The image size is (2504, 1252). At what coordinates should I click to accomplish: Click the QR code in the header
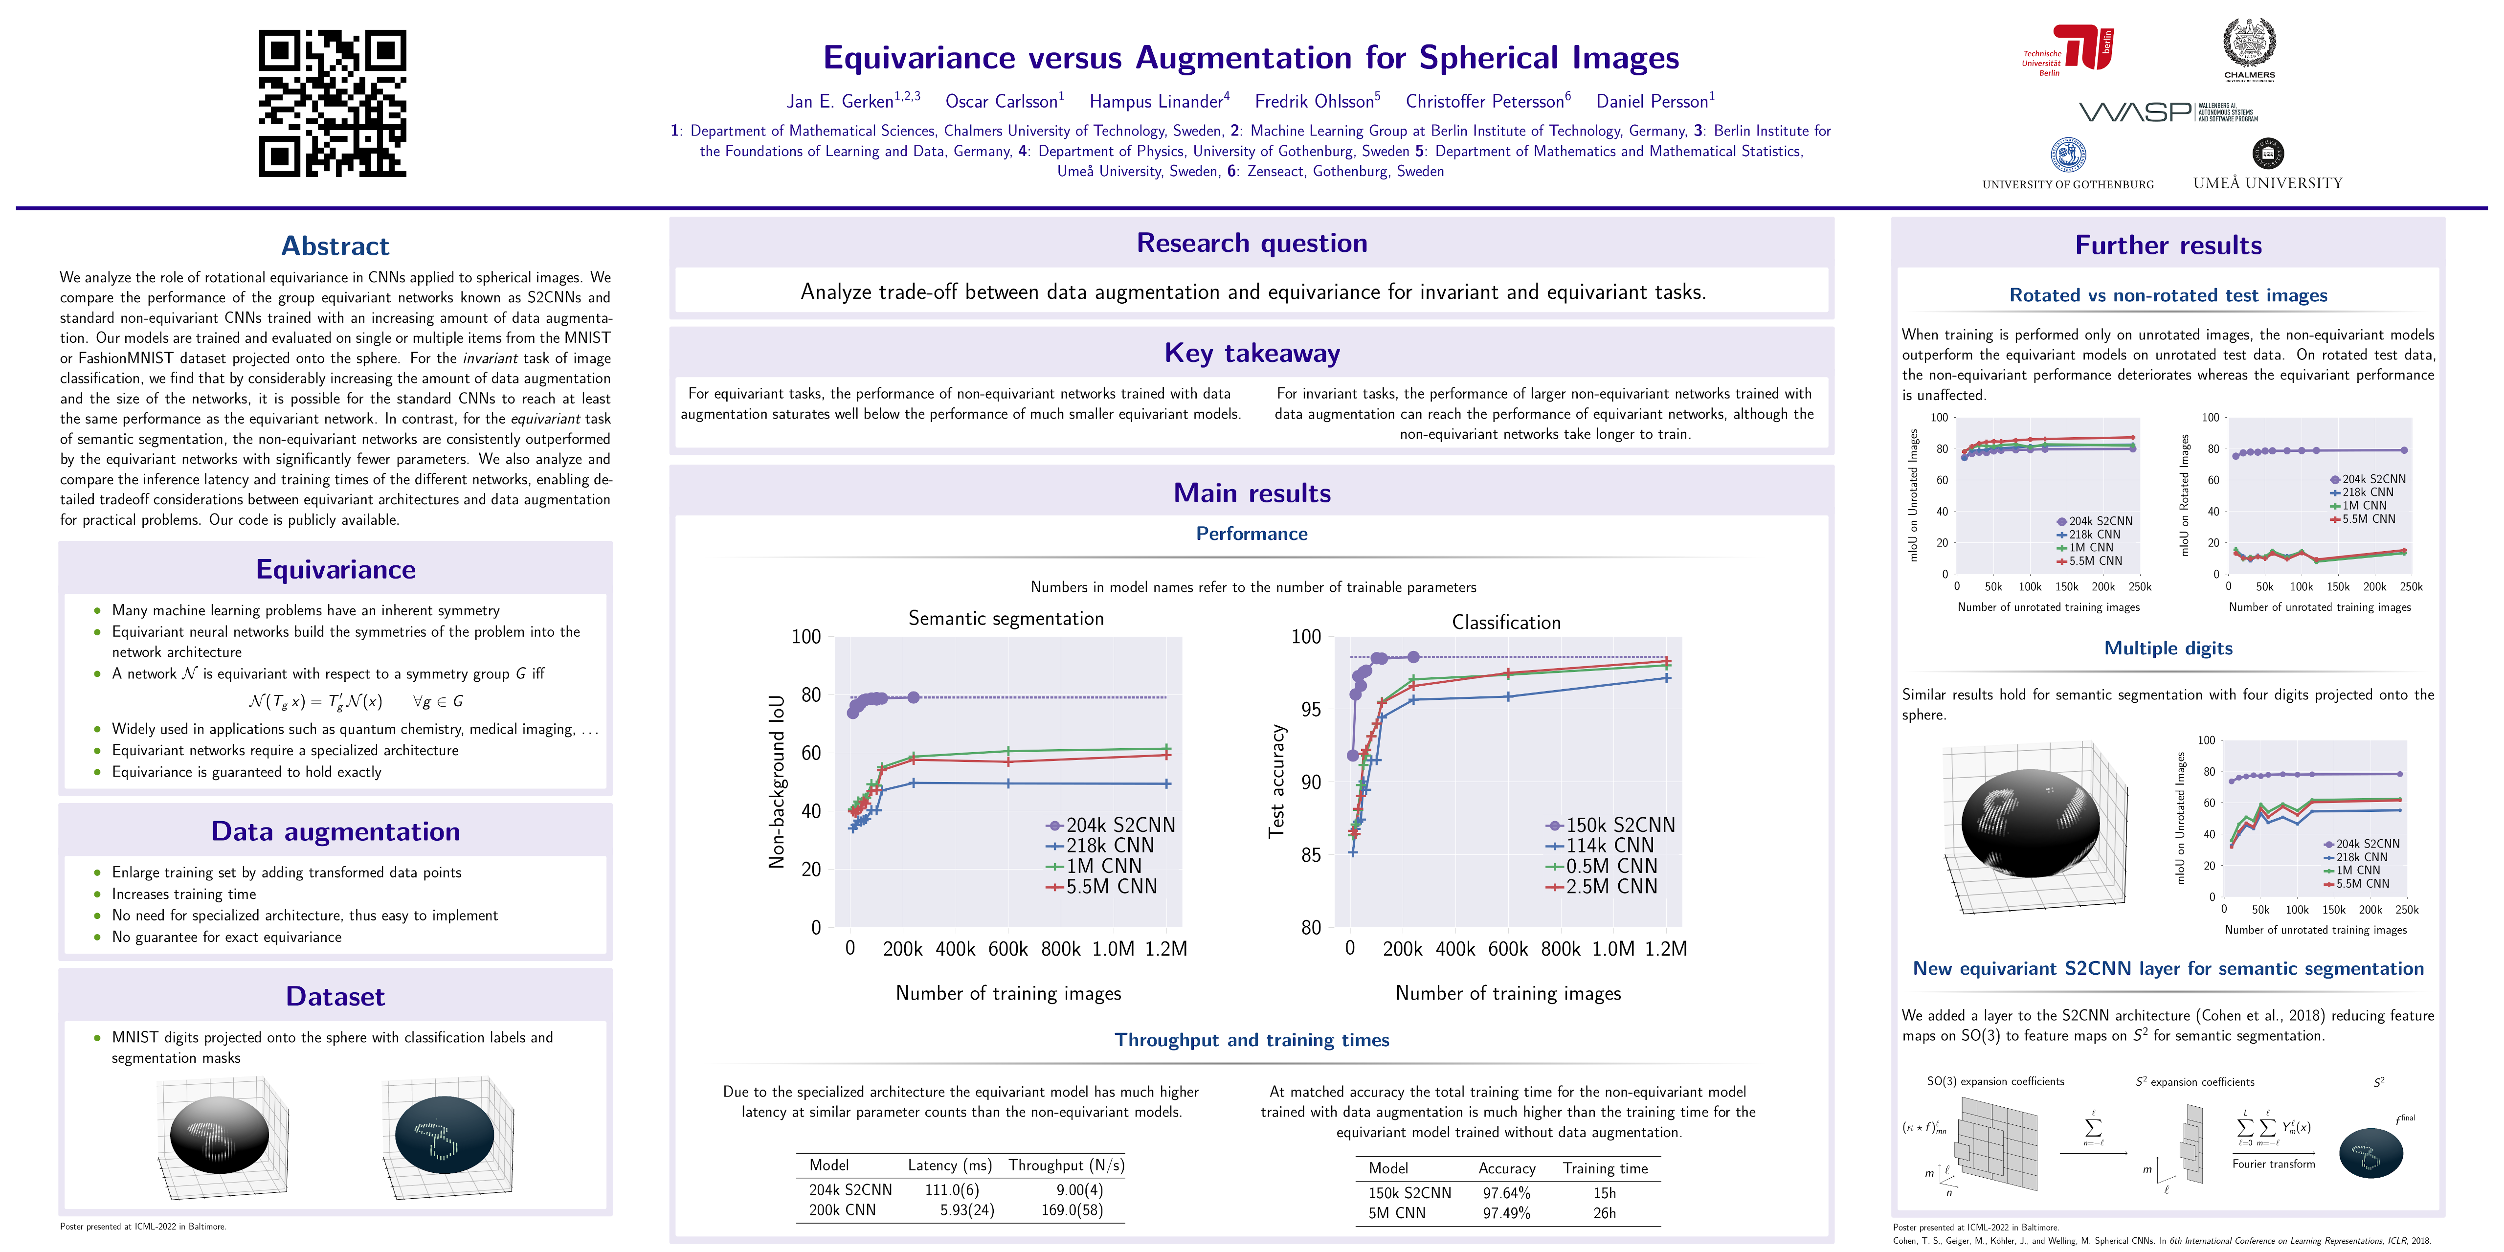click(x=333, y=103)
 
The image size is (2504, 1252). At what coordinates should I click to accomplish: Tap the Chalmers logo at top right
click(x=2249, y=48)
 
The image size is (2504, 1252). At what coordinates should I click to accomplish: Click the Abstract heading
click(x=335, y=246)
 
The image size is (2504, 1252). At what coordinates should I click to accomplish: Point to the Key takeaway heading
click(x=1252, y=353)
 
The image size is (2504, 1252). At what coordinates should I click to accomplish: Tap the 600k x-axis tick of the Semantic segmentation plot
click(x=1008, y=949)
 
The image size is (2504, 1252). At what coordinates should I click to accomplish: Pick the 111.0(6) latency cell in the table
click(x=952, y=1190)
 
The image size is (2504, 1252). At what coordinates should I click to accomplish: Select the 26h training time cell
click(x=1605, y=1213)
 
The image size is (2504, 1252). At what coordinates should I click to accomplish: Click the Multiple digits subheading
click(x=2168, y=648)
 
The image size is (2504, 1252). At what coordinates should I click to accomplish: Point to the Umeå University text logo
click(x=2268, y=183)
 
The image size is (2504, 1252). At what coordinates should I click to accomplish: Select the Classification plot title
click(x=1506, y=622)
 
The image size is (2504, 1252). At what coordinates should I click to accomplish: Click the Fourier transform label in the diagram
click(x=2274, y=1163)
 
